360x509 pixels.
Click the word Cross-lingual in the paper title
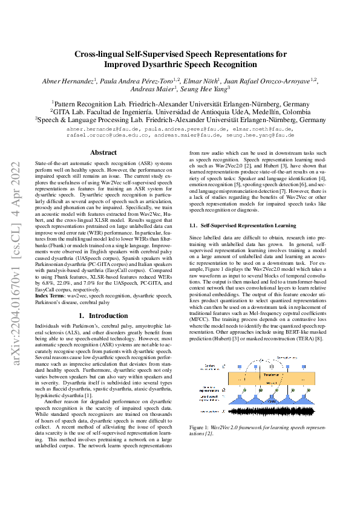[101, 54]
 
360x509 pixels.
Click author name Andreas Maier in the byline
[149, 89]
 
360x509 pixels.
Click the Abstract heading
[103, 153]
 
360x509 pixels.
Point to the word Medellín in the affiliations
[248, 112]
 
